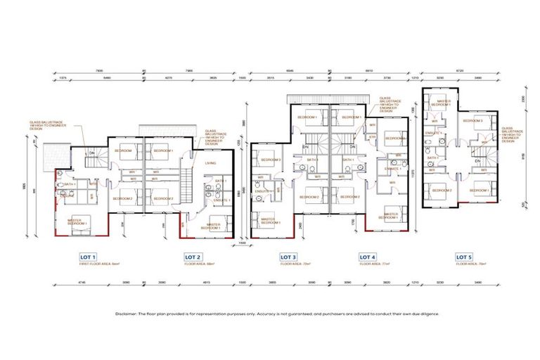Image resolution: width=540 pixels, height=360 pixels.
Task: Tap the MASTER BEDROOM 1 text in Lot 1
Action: [78, 222]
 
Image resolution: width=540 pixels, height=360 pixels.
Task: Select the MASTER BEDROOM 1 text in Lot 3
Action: [268, 221]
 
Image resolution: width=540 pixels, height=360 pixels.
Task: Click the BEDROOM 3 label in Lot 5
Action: [472, 121]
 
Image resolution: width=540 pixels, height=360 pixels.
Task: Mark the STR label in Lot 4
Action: [373, 137]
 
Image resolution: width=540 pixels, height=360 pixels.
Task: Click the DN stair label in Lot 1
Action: [91, 153]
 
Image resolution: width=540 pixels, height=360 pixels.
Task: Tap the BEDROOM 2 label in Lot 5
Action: [441, 191]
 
